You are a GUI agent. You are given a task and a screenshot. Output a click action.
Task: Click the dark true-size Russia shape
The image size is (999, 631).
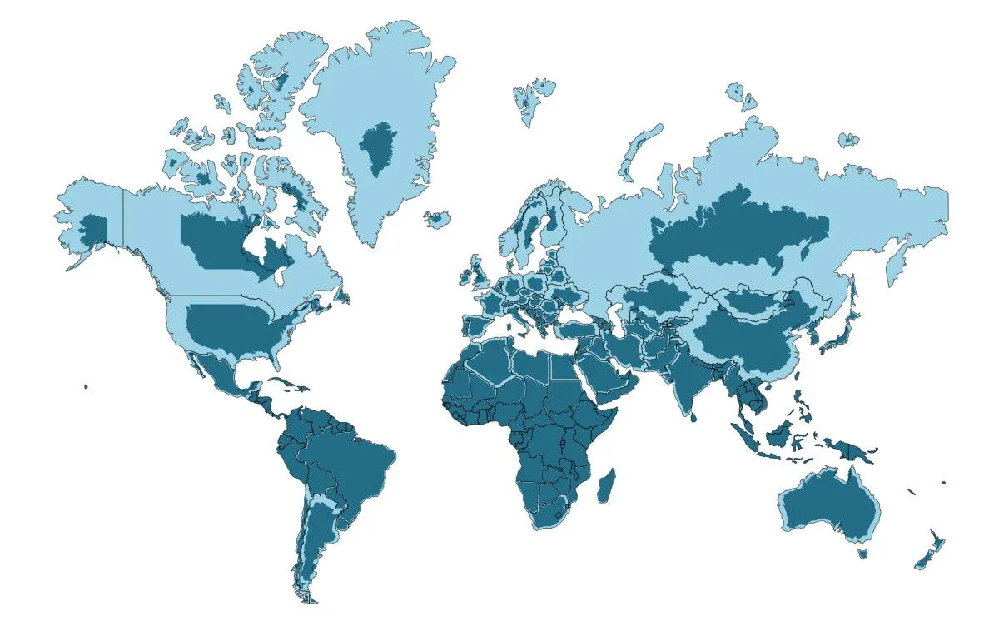tap(733, 229)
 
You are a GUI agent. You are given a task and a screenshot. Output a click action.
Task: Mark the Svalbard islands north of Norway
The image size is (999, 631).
tap(531, 96)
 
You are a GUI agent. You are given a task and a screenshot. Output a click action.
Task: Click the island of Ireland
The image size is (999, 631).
tap(463, 277)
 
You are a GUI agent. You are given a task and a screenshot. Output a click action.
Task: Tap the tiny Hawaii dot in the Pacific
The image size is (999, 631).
tap(86, 386)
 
